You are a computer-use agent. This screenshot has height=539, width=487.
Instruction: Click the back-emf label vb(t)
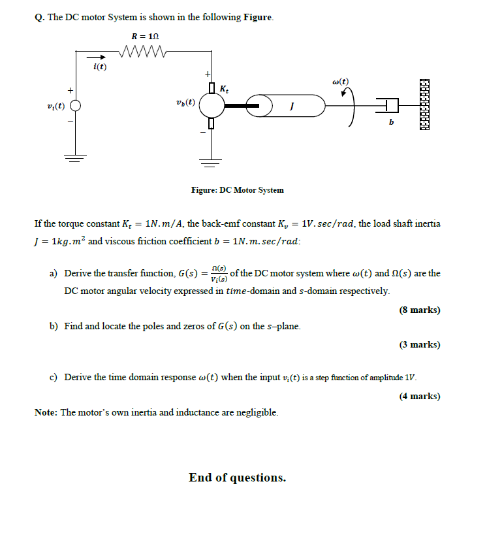185,103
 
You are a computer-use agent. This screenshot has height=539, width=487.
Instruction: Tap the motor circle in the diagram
211,105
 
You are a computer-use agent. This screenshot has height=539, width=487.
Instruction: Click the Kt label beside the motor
225,88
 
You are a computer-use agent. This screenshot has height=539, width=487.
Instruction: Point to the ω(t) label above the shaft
340,82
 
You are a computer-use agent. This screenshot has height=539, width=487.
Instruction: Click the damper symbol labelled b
388,105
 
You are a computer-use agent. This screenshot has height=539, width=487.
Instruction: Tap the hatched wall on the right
425,105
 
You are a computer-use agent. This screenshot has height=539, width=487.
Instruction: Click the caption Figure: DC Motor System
237,190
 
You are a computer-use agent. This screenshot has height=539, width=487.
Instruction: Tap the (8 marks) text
420,310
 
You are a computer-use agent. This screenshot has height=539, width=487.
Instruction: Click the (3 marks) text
420,344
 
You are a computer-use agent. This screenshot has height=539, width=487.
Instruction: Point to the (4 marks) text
420,395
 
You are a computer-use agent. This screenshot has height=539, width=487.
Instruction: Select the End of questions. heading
238,478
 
